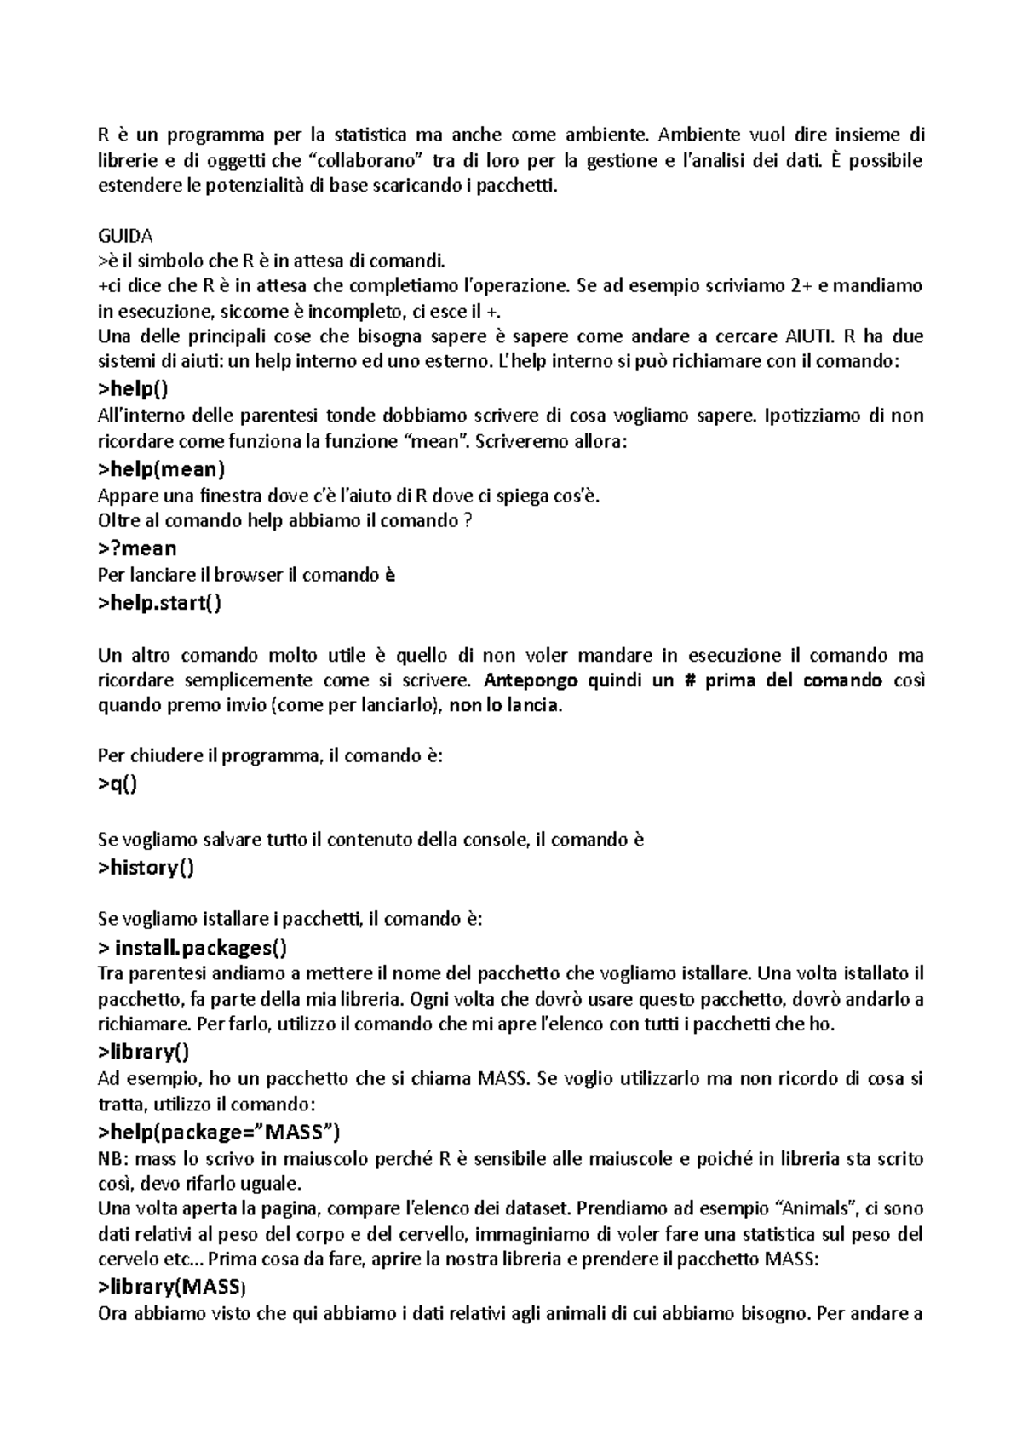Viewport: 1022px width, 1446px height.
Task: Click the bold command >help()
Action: point(133,389)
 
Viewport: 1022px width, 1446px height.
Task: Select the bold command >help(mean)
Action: point(161,468)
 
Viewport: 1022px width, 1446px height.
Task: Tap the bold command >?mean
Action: point(137,548)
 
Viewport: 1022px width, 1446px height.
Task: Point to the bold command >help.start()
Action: point(159,603)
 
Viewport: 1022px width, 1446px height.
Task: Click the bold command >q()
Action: point(118,783)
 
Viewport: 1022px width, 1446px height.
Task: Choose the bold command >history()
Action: point(146,868)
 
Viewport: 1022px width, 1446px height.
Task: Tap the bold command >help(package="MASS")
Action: point(219,1132)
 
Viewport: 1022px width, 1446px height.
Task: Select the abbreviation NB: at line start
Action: point(114,1158)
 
